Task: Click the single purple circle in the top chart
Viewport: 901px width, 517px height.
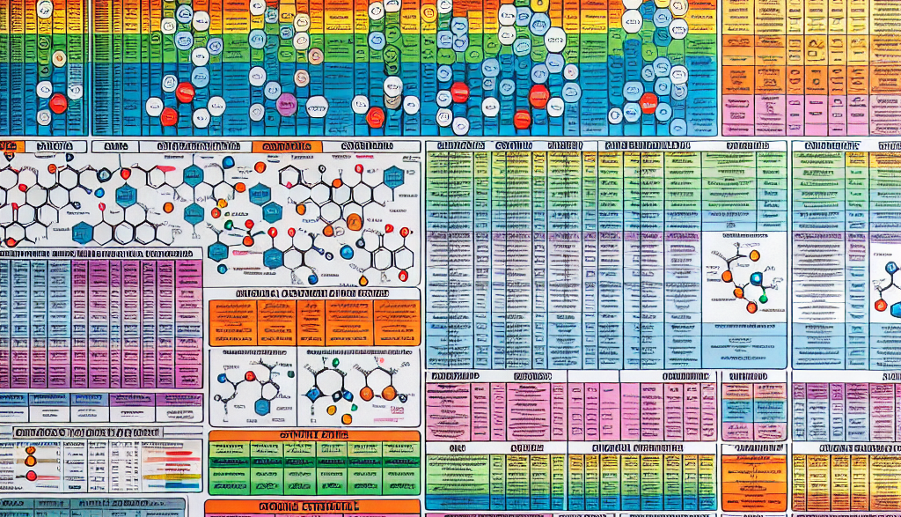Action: [x=287, y=104]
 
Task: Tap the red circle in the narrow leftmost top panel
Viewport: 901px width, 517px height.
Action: [x=58, y=103]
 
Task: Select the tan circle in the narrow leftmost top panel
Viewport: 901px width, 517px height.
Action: [x=59, y=59]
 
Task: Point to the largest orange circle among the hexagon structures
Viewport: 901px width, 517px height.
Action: [x=354, y=222]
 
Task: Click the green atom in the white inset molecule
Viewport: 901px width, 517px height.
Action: [x=763, y=299]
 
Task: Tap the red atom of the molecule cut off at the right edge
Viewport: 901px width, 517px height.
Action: [x=879, y=304]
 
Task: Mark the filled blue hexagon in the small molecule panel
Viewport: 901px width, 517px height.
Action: [x=262, y=407]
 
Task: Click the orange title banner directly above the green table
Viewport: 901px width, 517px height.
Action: [x=314, y=435]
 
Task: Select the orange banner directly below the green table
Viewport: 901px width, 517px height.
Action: [x=314, y=508]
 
